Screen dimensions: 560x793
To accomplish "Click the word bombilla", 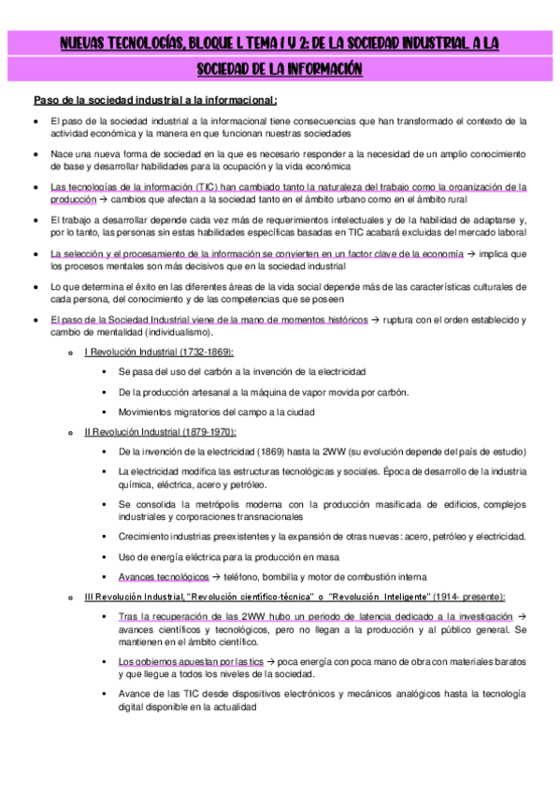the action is pyautogui.click(x=292, y=576).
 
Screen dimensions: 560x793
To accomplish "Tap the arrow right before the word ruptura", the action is pyautogui.click(x=377, y=320).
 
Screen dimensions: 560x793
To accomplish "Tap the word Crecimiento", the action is pyautogui.click(x=147, y=536).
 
